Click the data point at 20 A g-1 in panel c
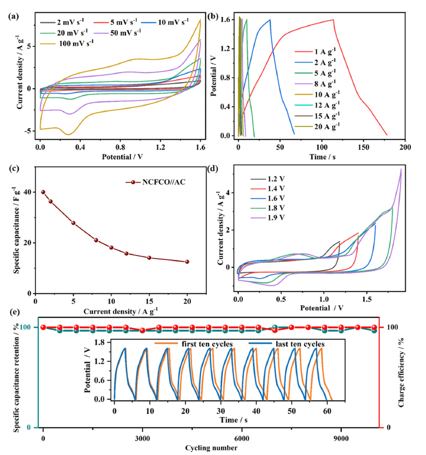[187, 262]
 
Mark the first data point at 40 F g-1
[43, 192]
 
